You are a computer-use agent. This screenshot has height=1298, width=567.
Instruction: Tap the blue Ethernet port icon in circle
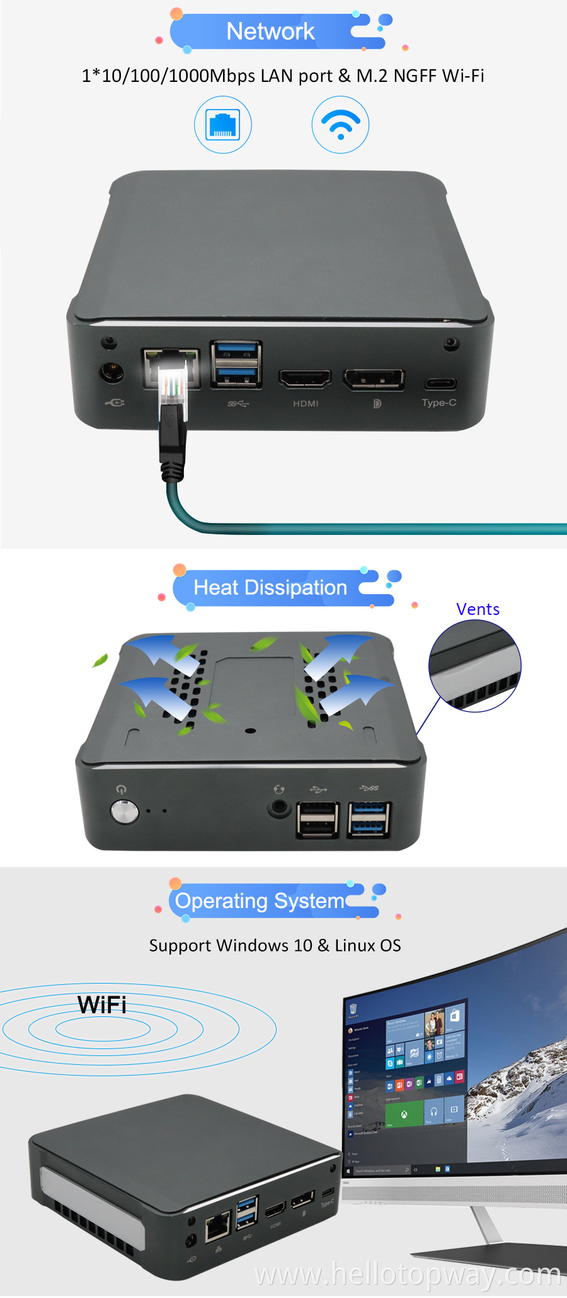(x=223, y=125)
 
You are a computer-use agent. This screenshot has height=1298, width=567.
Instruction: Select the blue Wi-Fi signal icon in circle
(x=340, y=125)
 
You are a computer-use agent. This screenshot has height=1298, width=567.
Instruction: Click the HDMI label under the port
(x=306, y=403)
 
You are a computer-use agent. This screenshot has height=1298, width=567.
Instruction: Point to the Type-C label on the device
(x=439, y=403)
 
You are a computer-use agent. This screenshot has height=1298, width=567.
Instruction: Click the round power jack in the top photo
(x=112, y=372)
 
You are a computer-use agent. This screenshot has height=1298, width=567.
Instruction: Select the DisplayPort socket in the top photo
(x=374, y=379)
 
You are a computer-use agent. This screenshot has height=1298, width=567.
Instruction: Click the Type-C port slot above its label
(x=440, y=383)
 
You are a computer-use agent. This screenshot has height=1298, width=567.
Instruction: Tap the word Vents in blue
(x=478, y=609)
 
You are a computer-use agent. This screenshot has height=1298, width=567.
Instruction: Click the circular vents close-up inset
(x=474, y=666)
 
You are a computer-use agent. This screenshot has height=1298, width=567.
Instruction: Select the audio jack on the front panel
(x=278, y=807)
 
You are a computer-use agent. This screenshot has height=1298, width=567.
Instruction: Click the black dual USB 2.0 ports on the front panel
(x=318, y=820)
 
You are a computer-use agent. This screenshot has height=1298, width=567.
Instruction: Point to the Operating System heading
(x=260, y=901)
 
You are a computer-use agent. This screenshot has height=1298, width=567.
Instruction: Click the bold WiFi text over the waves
(x=102, y=1005)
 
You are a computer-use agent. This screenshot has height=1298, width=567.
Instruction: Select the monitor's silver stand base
(x=491, y=1251)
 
